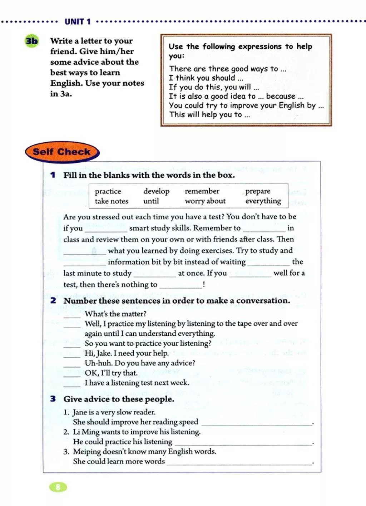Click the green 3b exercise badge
[x=31, y=41]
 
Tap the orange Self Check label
[x=61, y=152]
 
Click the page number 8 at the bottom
[x=58, y=487]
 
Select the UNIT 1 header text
[x=78, y=22]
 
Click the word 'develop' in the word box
[x=156, y=191]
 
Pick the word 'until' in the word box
[x=151, y=201]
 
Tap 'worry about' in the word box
[x=205, y=201]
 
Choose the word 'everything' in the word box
[x=263, y=201]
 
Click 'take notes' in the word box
[x=112, y=201]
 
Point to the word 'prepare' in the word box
[x=258, y=191]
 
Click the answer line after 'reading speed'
[x=257, y=423]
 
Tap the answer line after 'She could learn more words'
[x=239, y=463]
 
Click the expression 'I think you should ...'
[x=206, y=78]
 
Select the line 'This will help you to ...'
[x=209, y=115]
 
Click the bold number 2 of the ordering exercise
[x=53, y=301]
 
